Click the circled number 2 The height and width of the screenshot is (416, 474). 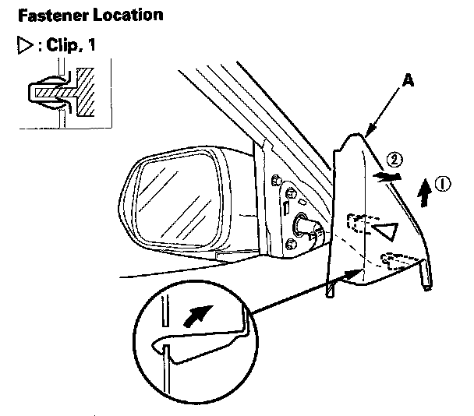point(396,160)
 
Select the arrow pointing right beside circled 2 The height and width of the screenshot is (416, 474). point(381,177)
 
